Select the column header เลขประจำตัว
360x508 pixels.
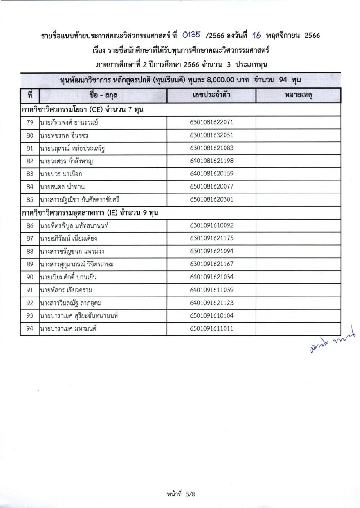tap(211, 96)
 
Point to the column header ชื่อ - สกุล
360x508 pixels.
tap(103, 96)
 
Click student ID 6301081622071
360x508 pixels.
tap(211, 122)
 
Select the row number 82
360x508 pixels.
tap(30, 161)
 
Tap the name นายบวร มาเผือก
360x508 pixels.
tap(61, 174)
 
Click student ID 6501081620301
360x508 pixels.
tap(211, 199)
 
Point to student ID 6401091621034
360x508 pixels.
tap(211, 277)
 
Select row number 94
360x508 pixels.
tap(30, 328)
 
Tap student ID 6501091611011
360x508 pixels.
tap(211, 328)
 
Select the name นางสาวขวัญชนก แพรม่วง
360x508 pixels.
tap(75, 251)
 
